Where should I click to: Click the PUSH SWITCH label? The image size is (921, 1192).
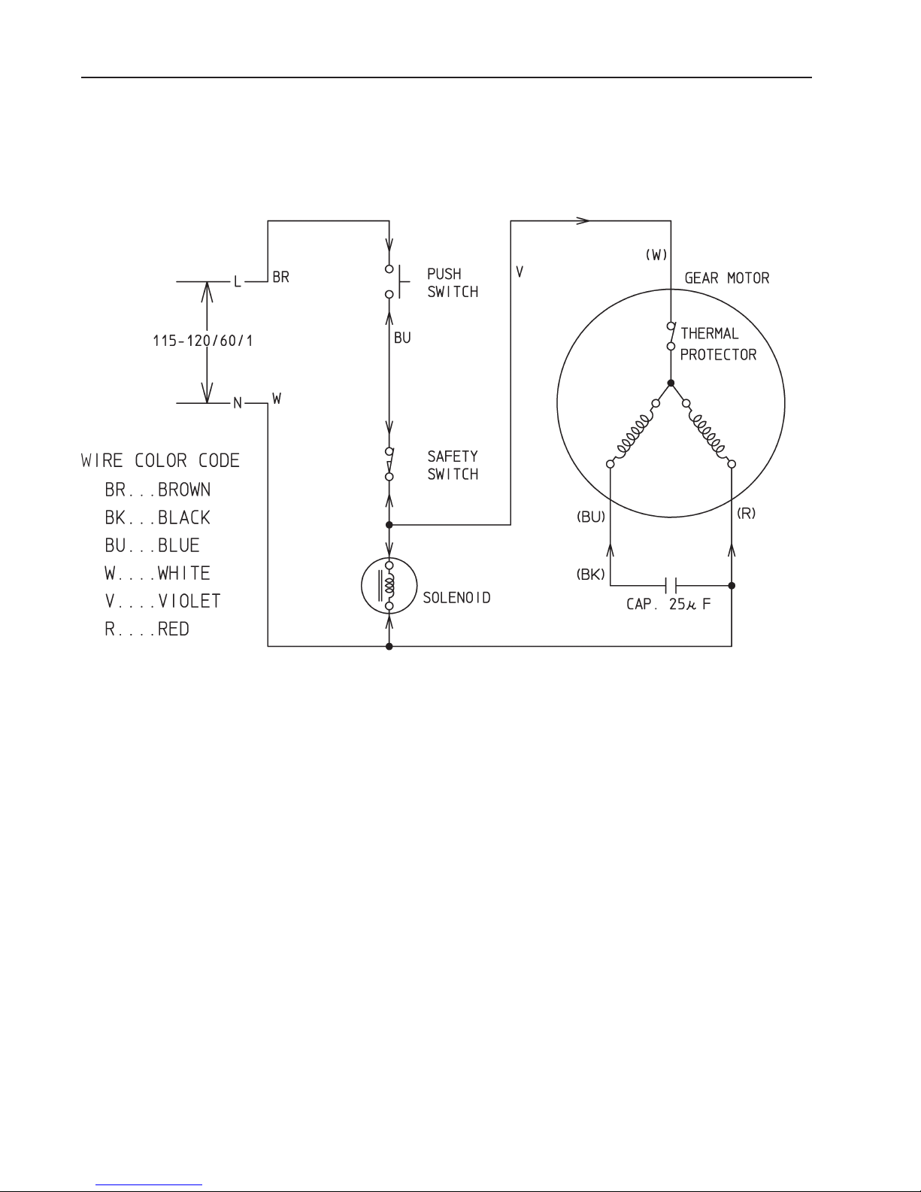(453, 283)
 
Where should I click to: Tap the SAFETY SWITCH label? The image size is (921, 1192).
(453, 466)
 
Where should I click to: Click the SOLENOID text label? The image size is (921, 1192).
(456, 597)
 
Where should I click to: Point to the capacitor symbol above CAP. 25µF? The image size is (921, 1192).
(671, 585)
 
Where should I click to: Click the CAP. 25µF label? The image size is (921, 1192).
(668, 604)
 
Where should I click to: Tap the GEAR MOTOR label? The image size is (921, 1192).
(726, 278)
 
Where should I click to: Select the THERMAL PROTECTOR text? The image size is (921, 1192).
(718, 344)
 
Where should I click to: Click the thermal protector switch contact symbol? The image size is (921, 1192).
(671, 335)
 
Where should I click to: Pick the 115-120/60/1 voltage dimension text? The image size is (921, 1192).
(202, 341)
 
